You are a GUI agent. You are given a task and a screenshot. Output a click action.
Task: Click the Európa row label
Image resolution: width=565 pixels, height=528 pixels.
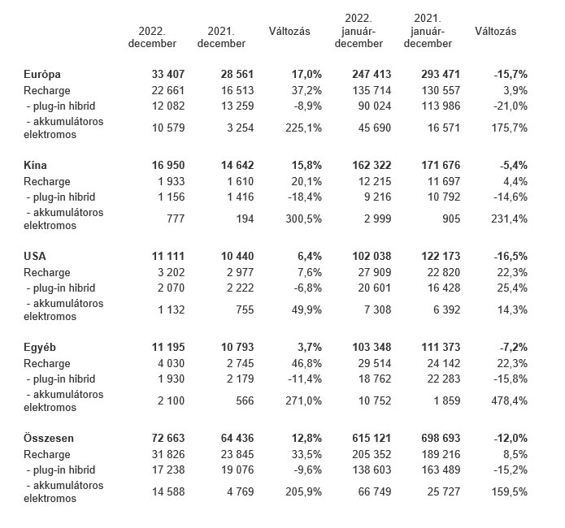coord(41,74)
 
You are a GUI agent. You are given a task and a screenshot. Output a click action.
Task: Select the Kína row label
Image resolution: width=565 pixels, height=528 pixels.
coord(35,166)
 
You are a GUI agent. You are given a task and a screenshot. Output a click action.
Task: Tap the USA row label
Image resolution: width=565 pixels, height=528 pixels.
coord(35,256)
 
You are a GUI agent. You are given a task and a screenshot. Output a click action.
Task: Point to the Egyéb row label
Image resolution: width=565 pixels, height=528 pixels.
coord(40,347)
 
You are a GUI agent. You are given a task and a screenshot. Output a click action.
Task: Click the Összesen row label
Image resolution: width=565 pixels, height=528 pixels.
coord(49,439)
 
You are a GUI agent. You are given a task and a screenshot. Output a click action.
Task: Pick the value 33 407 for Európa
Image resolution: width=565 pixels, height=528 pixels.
coord(168,74)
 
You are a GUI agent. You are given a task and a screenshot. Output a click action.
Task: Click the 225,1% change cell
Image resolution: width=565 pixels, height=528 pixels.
coord(303,128)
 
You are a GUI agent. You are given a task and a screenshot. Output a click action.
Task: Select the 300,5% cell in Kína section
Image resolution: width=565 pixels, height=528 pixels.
coord(303,219)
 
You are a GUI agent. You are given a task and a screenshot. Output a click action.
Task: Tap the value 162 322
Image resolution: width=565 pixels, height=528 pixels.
coord(372,166)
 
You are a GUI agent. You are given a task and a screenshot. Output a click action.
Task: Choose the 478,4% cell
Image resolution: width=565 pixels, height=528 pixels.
coord(509,400)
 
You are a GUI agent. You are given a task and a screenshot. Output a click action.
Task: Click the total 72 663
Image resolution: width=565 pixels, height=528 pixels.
coord(168,439)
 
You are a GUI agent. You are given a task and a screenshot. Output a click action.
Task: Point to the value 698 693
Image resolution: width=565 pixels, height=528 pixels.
coord(441,439)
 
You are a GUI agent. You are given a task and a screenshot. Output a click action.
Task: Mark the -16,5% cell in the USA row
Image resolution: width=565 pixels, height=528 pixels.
coord(511,256)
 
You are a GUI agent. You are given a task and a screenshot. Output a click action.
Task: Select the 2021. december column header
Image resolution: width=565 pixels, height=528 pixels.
coord(221,37)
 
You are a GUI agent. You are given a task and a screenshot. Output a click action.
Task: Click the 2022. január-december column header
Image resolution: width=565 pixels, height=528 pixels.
coord(359,31)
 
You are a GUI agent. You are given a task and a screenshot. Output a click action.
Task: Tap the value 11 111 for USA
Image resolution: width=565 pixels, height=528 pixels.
coord(168,256)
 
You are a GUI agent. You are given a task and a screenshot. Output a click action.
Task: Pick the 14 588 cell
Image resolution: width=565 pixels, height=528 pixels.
coord(168,492)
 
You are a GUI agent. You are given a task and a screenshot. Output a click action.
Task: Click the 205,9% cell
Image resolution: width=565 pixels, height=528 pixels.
coord(303,492)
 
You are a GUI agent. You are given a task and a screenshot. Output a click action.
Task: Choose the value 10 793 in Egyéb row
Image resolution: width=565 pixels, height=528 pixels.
coord(237,347)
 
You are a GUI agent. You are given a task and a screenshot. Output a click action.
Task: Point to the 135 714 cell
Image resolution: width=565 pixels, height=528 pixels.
coord(372,90)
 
